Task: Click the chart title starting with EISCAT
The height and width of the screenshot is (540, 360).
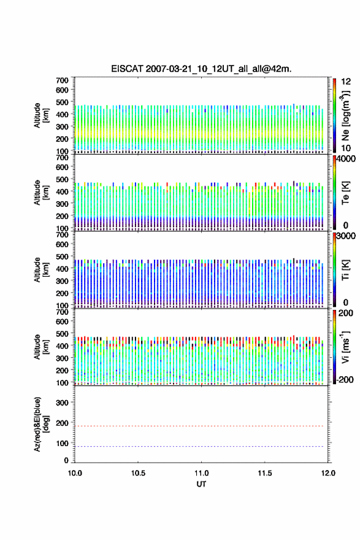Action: click(201, 69)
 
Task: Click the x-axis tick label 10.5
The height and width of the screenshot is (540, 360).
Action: click(138, 473)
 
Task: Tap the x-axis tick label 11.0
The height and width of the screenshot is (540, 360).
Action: click(201, 473)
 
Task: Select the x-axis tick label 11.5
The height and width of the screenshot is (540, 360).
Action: click(265, 473)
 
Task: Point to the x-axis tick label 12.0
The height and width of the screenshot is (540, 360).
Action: click(328, 473)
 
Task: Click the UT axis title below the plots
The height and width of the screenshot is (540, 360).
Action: click(201, 484)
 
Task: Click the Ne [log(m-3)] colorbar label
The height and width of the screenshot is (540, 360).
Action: click(345, 116)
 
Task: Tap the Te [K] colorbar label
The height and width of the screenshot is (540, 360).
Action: click(345, 193)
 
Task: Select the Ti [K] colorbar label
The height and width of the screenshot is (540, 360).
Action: click(345, 270)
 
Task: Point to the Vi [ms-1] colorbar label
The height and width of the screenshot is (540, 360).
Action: click(345, 347)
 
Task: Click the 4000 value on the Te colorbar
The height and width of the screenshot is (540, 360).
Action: click(346, 159)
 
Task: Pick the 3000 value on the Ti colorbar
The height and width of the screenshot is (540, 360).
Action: click(346, 236)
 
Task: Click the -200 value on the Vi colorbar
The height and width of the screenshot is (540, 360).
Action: click(345, 380)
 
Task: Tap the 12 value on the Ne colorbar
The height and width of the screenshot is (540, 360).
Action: click(347, 82)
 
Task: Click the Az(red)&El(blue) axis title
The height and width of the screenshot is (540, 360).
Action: click(40, 424)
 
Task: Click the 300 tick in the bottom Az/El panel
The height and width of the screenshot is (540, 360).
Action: click(62, 403)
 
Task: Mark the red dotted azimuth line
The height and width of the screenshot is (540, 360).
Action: click(199, 426)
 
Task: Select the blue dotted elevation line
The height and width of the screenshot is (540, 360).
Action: click(199, 446)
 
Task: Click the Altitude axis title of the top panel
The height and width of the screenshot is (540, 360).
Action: click(40, 115)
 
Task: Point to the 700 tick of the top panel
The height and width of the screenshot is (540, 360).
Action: click(62, 80)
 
